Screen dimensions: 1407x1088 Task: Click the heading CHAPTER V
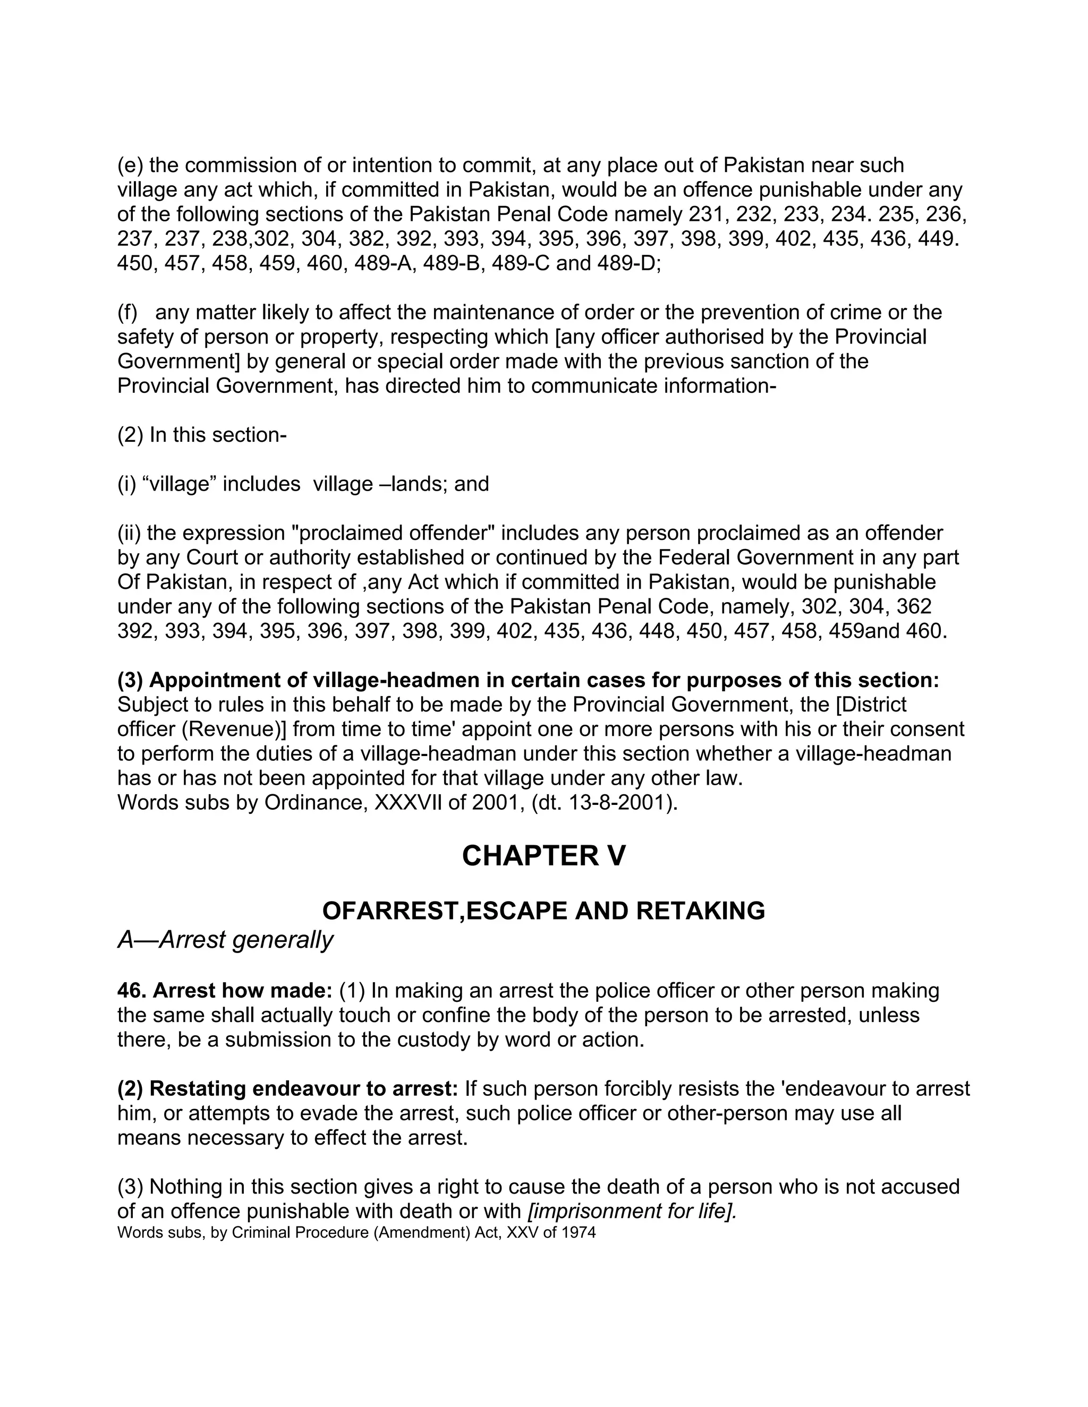click(x=543, y=856)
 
